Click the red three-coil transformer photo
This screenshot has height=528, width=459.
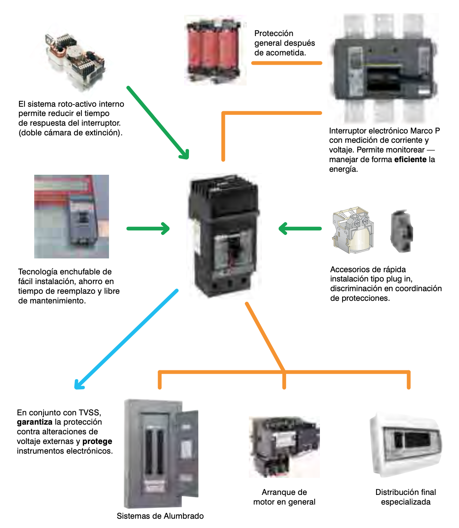tap(215, 50)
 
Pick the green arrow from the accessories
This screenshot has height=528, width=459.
tap(300, 228)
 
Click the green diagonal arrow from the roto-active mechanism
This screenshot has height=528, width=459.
tap(158, 123)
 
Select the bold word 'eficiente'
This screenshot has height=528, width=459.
tap(410, 160)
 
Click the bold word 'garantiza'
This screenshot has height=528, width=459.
tap(35, 422)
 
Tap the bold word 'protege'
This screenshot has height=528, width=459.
tap(97, 441)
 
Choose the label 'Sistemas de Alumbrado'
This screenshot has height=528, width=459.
tap(160, 516)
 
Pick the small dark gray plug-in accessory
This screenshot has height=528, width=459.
tap(401, 231)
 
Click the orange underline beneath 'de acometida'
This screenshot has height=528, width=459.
tap(286, 63)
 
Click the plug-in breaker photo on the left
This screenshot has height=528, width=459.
tap(71, 216)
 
